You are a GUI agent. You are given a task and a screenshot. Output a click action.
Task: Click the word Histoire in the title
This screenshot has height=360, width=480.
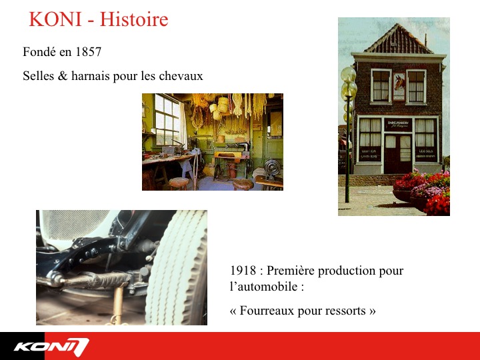[x=134, y=19]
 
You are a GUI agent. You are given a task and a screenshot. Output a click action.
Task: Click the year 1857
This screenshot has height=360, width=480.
[x=88, y=52]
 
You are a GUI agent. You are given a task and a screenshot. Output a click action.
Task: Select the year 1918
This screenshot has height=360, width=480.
[x=243, y=270]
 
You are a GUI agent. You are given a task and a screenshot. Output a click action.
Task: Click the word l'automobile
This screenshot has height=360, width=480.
[x=263, y=287]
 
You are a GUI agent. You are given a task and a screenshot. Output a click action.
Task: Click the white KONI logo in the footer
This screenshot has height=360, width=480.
[x=51, y=347]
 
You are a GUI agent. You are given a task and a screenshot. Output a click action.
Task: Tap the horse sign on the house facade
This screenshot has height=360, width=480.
[x=399, y=86]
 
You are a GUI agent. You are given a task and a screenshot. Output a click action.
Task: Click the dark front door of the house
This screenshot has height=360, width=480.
[x=397, y=154]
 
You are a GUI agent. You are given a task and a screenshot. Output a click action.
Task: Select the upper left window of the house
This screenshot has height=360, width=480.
[x=381, y=86]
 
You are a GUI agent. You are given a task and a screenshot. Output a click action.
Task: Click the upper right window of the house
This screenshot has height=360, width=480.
[x=416, y=87]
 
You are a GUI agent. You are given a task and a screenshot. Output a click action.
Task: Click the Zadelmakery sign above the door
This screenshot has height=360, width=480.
[x=398, y=124]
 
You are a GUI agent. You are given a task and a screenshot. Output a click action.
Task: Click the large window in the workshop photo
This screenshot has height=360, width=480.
[x=167, y=120]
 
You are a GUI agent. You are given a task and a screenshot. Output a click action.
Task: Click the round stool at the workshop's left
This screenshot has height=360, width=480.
[x=179, y=183]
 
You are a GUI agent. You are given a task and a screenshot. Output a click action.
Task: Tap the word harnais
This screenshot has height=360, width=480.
[x=90, y=76]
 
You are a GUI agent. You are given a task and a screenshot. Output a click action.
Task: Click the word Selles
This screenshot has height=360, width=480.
[x=38, y=76]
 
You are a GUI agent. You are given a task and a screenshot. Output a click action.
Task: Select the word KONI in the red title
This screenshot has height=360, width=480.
[x=55, y=19]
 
